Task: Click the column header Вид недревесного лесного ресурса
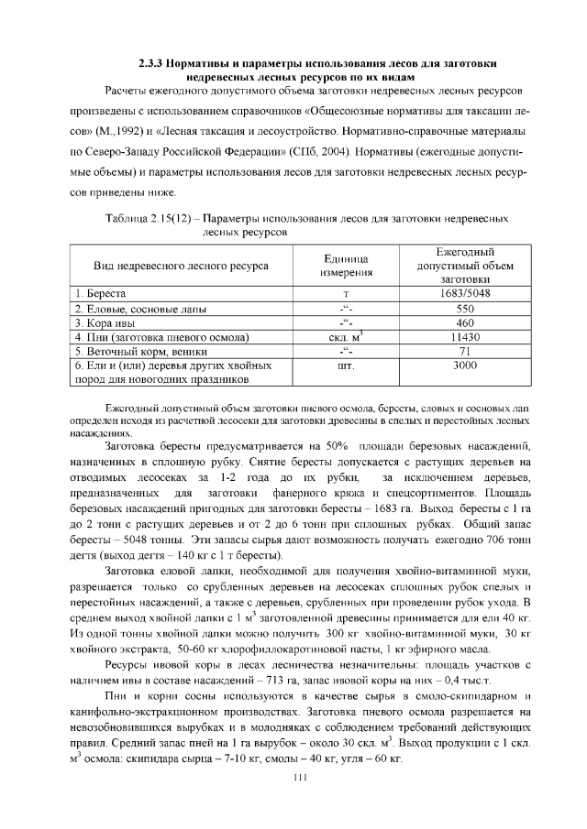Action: (x=181, y=266)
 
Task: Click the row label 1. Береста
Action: (x=101, y=294)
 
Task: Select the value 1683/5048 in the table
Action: (x=464, y=294)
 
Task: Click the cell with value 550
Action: (x=464, y=309)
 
